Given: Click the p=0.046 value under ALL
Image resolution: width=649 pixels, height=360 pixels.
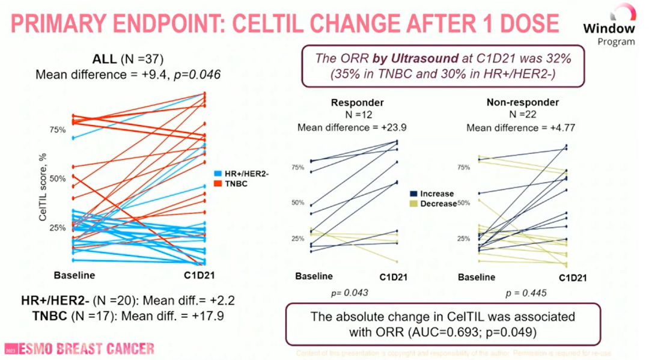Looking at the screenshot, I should [201, 75].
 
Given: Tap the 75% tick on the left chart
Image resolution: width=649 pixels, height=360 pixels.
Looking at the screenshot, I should [57, 130].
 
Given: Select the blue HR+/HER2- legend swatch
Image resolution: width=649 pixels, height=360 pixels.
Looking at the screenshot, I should [218, 173].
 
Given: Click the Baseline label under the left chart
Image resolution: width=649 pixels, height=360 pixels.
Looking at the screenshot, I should [75, 275].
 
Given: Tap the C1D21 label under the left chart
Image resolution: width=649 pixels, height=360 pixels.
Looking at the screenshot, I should [199, 275].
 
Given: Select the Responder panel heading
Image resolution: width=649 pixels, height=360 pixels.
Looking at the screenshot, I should [357, 103].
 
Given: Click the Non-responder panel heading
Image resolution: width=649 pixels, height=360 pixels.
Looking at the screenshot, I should [522, 103].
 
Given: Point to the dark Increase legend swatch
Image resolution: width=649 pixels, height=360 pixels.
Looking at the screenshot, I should [414, 194].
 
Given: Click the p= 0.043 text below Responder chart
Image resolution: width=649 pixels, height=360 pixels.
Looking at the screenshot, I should [349, 293].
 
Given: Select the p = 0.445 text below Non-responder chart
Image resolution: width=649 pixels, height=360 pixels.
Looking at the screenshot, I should [527, 293].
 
